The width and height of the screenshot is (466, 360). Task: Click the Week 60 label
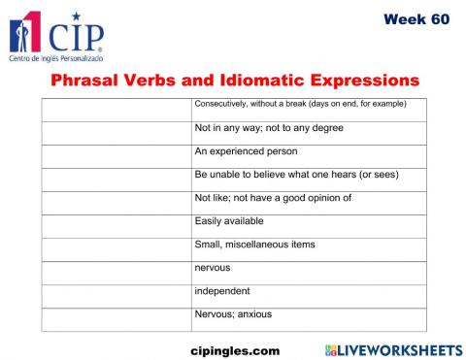pyautogui.click(x=416, y=18)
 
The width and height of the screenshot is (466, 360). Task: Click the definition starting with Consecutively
pyautogui.click(x=300, y=104)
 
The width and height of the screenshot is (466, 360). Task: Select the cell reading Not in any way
pyautogui.click(x=255, y=128)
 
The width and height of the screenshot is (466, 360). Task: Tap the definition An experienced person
pyautogui.click(x=246, y=151)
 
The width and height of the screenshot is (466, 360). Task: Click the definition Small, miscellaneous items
pyautogui.click(x=254, y=245)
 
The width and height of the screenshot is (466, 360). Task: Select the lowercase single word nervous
pyautogui.click(x=213, y=268)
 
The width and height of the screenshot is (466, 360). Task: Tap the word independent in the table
pyautogui.click(x=222, y=291)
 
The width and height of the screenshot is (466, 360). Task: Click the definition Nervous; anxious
pyautogui.click(x=233, y=314)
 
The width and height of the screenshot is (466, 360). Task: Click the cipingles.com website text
pyautogui.click(x=235, y=348)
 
